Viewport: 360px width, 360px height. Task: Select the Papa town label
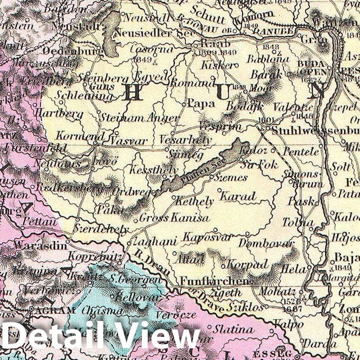pos(197,103)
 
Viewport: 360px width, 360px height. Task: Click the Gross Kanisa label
pos(174,218)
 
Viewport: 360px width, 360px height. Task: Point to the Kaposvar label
pos(202,237)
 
